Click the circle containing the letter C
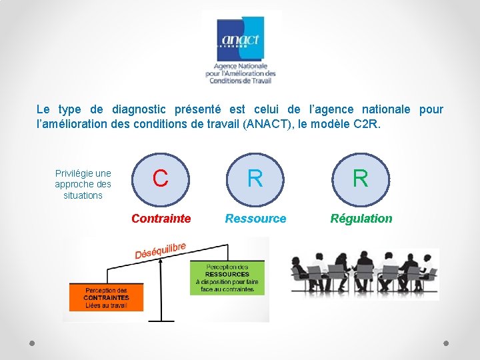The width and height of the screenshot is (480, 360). point(160,179)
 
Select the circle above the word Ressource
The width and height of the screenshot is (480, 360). point(255,179)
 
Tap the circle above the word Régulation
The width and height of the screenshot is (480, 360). point(360,179)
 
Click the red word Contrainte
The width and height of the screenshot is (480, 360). point(161,219)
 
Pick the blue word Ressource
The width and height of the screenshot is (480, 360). point(255,219)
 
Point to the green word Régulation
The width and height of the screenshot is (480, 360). point(361,219)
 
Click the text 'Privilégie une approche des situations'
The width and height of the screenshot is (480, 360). point(83,185)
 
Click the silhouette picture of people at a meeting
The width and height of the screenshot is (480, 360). point(364,273)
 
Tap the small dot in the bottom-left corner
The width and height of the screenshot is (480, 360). point(33,343)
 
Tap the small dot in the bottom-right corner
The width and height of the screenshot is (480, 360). point(447,343)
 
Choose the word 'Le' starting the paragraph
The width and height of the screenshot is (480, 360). point(43,109)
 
